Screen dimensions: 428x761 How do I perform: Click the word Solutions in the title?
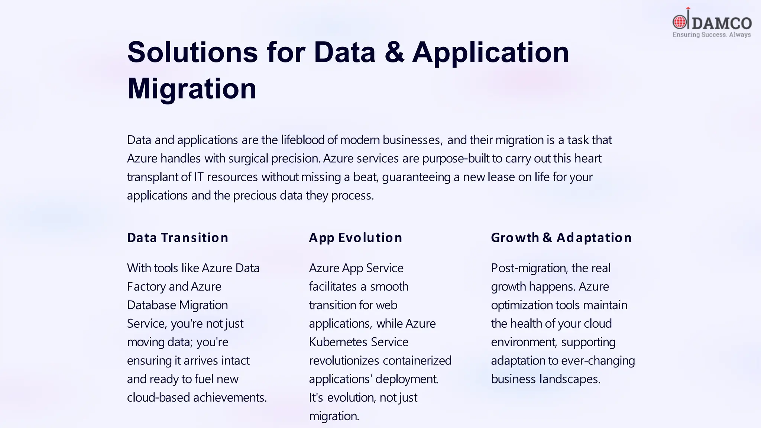pyautogui.click(x=192, y=52)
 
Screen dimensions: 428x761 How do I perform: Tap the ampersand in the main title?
pyautogui.click(x=394, y=52)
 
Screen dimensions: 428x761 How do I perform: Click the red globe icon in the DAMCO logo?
pyautogui.click(x=680, y=22)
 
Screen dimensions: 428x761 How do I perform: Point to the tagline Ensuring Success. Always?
pyautogui.click(x=712, y=35)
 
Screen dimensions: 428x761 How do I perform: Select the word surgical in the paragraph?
pyautogui.click(x=248, y=159)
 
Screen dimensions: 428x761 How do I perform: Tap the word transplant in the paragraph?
pyautogui.click(x=152, y=177)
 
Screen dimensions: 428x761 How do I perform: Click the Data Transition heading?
pyautogui.click(x=178, y=238)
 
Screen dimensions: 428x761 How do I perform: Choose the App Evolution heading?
pyautogui.click(x=356, y=238)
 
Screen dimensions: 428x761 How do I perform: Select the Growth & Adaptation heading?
pyautogui.click(x=561, y=238)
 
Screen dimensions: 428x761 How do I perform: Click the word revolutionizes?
pyautogui.click(x=344, y=361)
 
